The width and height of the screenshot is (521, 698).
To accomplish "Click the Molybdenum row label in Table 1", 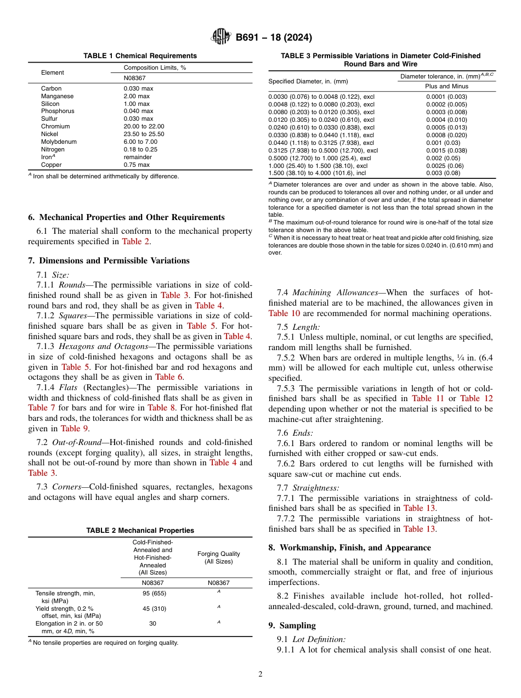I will [x=59, y=142].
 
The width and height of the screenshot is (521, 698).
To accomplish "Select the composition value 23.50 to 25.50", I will [x=144, y=134].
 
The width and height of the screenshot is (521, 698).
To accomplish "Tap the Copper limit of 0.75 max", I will [x=137, y=165].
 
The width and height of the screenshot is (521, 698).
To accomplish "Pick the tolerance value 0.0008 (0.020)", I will [x=446, y=134].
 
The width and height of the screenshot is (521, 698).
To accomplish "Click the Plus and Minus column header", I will [x=446, y=86].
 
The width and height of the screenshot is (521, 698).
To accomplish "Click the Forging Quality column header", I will [x=218, y=558].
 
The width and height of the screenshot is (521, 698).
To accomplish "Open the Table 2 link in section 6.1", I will [x=135, y=241].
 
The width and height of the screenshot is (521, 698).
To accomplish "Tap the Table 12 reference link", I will [x=476, y=399].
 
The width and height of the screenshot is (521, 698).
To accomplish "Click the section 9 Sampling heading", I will [x=297, y=626].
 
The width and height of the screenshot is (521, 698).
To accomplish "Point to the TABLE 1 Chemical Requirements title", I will [x=140, y=56].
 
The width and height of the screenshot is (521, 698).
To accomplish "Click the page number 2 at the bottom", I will [x=260, y=674].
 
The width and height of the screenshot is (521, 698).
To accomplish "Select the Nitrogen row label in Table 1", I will [x=53, y=149].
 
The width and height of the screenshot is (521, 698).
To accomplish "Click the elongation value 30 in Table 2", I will [x=152, y=624].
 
